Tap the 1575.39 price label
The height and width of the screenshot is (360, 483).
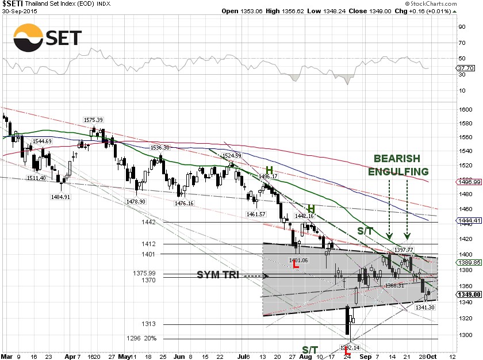[93, 120]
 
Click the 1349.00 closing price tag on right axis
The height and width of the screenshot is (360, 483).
[469, 294]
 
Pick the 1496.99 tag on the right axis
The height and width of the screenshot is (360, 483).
[469, 182]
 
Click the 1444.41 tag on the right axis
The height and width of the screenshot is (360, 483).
[469, 220]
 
